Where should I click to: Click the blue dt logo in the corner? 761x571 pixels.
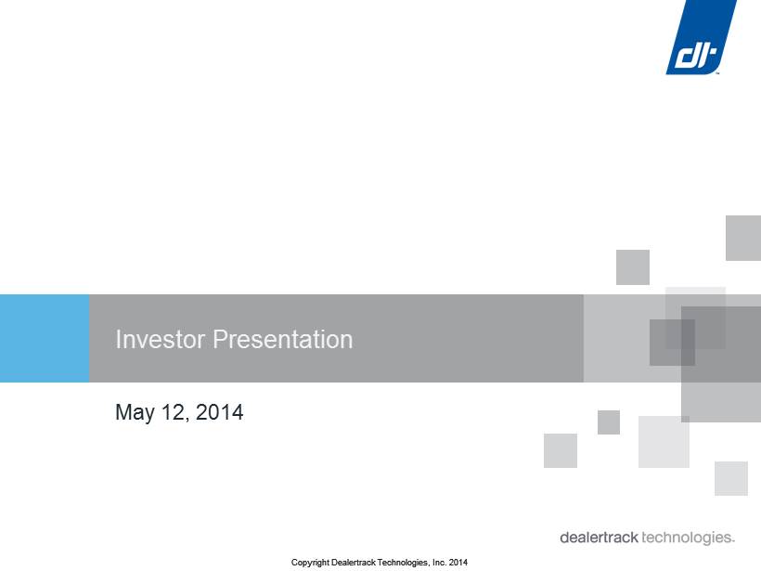tap(702, 37)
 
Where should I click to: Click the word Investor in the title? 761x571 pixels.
tap(161, 339)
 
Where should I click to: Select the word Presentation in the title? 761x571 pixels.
tap(283, 339)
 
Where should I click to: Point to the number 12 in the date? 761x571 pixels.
tap(174, 412)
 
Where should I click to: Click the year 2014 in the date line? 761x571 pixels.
tap(219, 412)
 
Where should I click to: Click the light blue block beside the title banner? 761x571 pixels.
tap(45, 338)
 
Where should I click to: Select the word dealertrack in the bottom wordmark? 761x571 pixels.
tap(599, 538)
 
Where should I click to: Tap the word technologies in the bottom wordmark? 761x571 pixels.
tap(688, 538)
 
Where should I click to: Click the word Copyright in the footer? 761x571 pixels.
tap(310, 563)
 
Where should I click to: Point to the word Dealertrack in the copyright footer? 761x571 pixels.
tap(354, 563)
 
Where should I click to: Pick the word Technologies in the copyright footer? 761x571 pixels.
tap(404, 563)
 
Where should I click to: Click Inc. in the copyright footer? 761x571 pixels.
tap(440, 563)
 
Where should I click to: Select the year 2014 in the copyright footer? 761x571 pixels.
tap(458, 563)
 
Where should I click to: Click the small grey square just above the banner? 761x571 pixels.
tap(633, 267)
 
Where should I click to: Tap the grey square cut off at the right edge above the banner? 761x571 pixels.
tap(743, 238)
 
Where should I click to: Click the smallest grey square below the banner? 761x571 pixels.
tap(609, 422)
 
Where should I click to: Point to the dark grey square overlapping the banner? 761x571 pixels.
tap(672, 343)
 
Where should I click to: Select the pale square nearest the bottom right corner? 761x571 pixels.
tap(731, 478)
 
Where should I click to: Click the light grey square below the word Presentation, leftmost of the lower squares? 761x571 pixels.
tap(561, 450)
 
